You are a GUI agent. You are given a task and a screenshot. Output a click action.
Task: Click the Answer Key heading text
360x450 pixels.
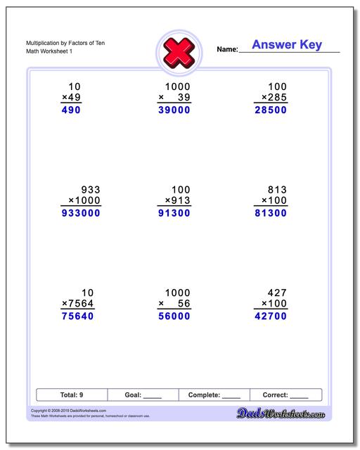(x=286, y=45)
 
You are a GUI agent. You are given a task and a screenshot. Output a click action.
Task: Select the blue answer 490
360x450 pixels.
(x=71, y=110)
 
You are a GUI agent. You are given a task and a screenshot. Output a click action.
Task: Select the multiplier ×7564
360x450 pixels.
(x=77, y=303)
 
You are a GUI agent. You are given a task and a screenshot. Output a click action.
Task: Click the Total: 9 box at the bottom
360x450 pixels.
(x=72, y=395)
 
